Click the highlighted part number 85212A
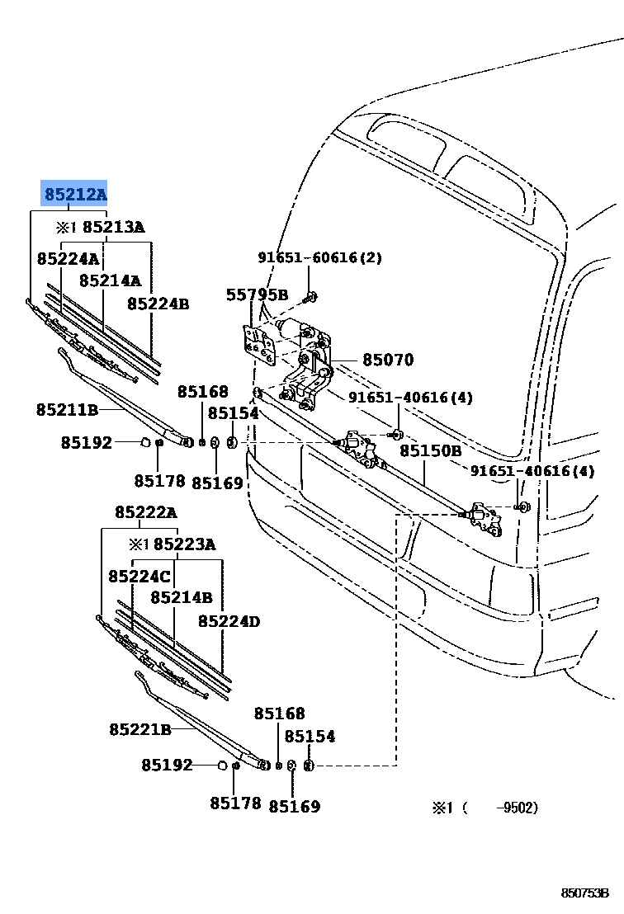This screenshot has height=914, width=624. (75, 195)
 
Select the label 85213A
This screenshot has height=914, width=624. (113, 227)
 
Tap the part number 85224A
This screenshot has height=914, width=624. (67, 258)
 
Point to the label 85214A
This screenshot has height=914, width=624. (110, 280)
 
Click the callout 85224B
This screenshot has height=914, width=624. (158, 304)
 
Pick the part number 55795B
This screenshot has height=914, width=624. (257, 294)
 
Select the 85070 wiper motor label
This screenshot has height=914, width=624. (388, 360)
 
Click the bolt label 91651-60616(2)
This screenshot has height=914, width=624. (319, 257)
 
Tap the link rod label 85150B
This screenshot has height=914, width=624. (431, 451)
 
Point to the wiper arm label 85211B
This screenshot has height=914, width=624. (67, 409)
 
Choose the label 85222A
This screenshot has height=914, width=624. (145, 512)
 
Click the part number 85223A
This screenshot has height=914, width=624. (184, 544)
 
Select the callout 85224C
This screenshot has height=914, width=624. (139, 575)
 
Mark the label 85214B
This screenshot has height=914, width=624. (181, 596)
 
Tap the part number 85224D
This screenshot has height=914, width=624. (229, 621)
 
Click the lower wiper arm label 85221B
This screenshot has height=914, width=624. (139, 729)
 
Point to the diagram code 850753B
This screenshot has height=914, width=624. (584, 893)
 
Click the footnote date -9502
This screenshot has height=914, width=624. (517, 808)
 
